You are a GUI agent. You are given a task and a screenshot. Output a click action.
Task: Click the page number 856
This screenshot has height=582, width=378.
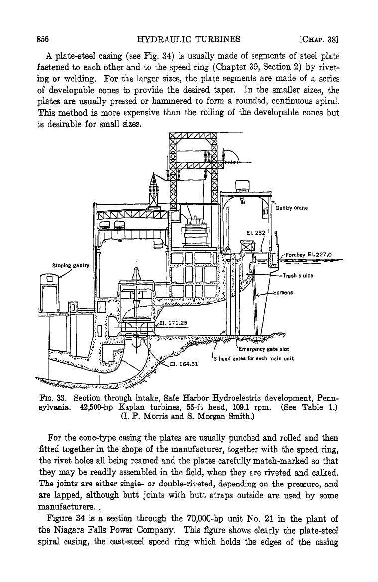pos(44,39)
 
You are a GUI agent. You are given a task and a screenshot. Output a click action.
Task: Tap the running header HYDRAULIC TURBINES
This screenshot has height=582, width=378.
pos(189,39)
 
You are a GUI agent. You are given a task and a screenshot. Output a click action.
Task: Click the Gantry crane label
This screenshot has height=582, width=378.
pos(291,208)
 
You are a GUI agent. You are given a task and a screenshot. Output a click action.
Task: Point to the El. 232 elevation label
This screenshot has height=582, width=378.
pos(256,233)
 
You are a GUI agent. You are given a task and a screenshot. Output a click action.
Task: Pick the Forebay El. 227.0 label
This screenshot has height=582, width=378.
pos(308,255)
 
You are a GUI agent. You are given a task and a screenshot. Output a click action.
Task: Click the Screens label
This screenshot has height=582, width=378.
pos(283,292)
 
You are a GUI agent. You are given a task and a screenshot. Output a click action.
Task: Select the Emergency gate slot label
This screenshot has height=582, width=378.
pos(263,349)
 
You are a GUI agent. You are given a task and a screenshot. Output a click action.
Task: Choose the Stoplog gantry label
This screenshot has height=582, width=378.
pos(71,266)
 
